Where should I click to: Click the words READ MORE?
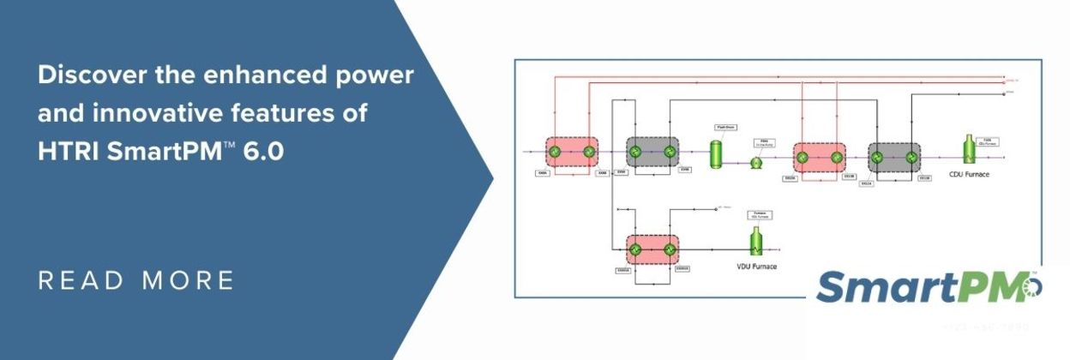136,280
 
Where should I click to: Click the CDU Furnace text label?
970,174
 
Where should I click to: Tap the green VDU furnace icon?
756,243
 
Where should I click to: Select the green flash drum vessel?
714,153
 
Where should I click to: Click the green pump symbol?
757,162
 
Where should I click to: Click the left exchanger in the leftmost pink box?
554,153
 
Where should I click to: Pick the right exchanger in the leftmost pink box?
589,153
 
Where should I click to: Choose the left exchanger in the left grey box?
635,153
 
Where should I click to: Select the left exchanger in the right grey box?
877,157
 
